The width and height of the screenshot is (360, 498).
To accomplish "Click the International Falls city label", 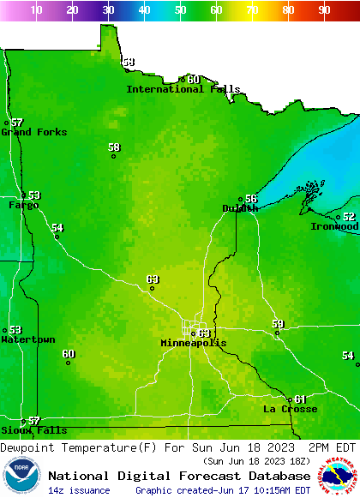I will (x=177, y=89).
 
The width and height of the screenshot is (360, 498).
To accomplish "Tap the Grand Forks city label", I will (x=34, y=132).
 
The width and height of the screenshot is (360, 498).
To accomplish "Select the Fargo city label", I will (x=24, y=205).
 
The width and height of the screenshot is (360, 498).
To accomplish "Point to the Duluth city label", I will (x=240, y=208).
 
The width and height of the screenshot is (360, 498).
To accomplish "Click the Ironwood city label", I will (x=335, y=226).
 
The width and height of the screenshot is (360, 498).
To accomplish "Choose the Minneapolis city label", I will (x=194, y=343).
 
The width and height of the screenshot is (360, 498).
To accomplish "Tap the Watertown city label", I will (x=28, y=339).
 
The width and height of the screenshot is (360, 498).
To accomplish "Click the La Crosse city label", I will (x=290, y=409).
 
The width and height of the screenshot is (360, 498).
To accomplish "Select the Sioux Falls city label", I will (x=33, y=430).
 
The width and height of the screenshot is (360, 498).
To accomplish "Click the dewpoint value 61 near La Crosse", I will (x=300, y=399).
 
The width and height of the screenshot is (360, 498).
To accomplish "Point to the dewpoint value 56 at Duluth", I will (x=251, y=198).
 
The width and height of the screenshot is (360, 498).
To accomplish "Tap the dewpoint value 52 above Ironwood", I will (x=349, y=217).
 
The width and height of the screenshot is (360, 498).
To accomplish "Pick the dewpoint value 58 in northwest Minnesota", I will (x=114, y=147).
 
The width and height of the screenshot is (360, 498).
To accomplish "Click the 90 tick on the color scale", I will (x=324, y=10).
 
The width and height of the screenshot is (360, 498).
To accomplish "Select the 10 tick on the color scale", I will (x=36, y=10).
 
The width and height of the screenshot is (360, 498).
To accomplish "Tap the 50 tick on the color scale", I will (x=180, y=10).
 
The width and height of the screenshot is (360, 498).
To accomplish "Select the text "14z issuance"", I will (x=79, y=490).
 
